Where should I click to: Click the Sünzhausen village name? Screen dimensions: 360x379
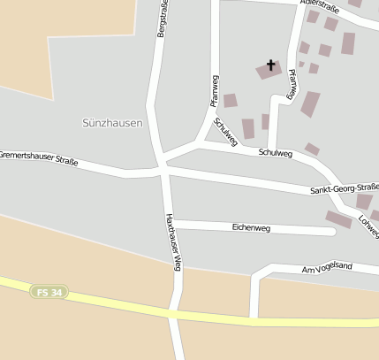click(x=111, y=123)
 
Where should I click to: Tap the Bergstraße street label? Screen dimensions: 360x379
click(x=162, y=18)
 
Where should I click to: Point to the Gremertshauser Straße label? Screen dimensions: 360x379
click(x=39, y=159)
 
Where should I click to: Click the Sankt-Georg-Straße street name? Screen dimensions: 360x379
click(x=344, y=188)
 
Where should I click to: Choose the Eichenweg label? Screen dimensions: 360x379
click(x=251, y=227)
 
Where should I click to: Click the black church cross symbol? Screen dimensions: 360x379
click(x=270, y=65)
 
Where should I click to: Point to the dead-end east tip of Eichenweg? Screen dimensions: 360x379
click(x=333, y=233)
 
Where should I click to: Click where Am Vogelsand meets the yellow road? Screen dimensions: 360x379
click(x=254, y=317)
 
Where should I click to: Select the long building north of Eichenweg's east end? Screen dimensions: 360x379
click(x=338, y=218)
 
